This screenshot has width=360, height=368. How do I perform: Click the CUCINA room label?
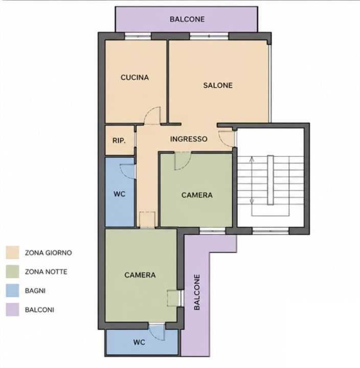134,78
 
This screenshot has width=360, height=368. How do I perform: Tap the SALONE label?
218,85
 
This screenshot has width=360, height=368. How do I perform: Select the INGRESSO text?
189,139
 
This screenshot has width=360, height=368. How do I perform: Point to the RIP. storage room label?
119,141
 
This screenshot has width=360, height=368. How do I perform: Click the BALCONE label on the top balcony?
187,19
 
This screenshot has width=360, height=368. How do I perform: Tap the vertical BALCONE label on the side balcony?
197,292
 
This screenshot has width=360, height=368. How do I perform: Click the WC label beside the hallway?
119,194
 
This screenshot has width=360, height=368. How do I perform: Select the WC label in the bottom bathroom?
139,342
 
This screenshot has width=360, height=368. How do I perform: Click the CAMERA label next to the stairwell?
197,195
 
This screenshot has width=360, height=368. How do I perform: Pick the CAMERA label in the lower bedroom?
140,275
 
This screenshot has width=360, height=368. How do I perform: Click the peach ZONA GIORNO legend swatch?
12,252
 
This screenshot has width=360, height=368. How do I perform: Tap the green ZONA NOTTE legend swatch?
12,271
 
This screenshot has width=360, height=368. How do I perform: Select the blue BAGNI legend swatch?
12,290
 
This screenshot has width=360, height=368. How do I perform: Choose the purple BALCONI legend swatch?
12,310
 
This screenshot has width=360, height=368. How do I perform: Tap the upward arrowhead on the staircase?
252,159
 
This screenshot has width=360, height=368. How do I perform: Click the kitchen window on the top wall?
138,36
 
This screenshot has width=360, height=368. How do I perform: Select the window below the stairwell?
271,231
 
